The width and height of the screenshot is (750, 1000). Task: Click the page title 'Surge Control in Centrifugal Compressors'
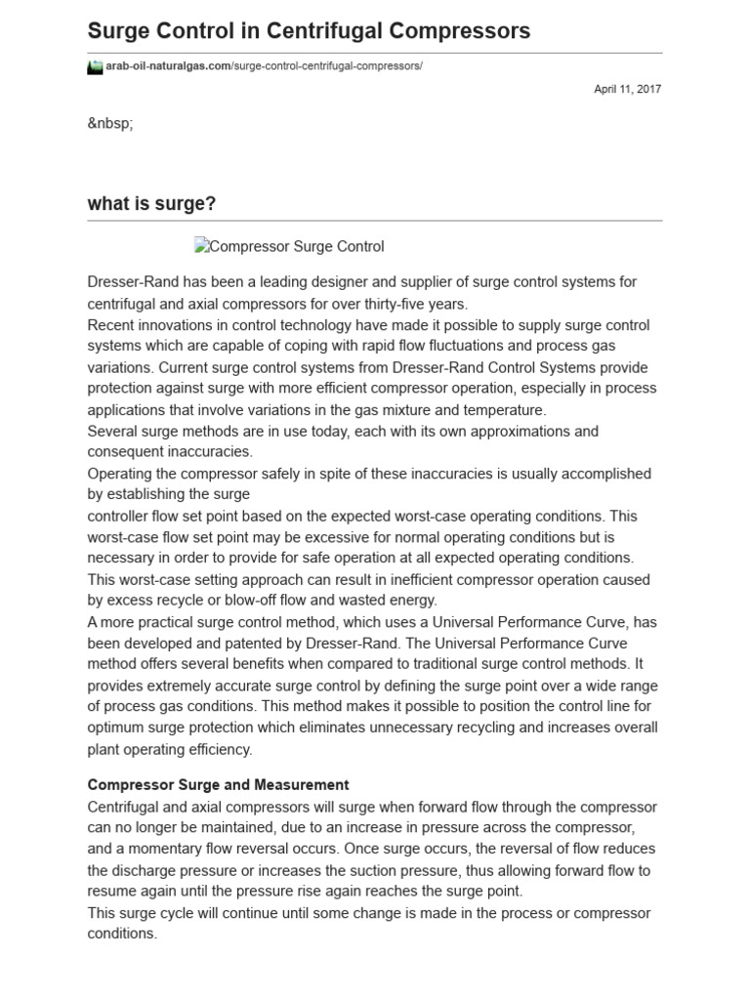[309, 31]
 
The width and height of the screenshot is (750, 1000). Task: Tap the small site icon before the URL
[95, 66]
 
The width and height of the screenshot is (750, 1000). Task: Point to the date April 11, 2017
[627, 89]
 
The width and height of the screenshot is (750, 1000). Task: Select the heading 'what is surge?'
[151, 204]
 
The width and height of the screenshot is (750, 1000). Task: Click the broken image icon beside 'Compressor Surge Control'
[200, 246]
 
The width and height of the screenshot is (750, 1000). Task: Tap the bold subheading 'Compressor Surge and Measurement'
[218, 785]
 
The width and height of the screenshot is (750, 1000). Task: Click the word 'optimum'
[118, 729]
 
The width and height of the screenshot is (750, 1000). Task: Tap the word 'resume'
[110, 892]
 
